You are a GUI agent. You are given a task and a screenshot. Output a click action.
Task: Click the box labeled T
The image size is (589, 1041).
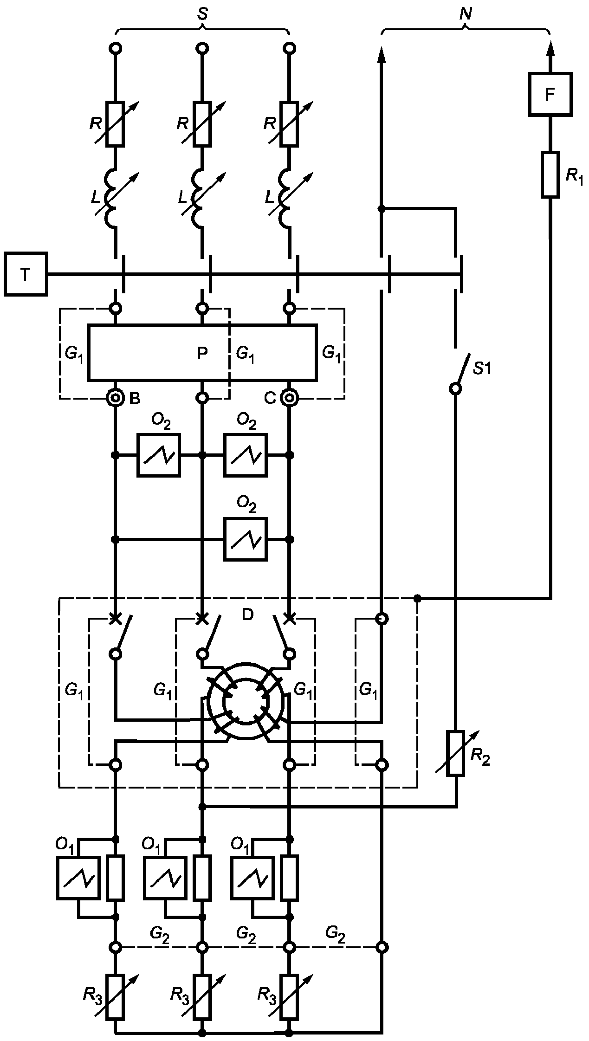click(x=26, y=274)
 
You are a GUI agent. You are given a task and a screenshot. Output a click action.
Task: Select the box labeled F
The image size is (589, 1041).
click(x=550, y=94)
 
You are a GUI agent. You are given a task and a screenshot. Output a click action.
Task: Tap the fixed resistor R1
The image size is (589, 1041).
click(x=550, y=175)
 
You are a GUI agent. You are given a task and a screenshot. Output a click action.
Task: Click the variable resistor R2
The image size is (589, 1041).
click(x=455, y=753)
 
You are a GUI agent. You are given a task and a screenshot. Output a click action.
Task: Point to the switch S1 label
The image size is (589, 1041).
click(x=482, y=369)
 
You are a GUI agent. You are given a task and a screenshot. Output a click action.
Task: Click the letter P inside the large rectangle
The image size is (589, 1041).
click(x=202, y=354)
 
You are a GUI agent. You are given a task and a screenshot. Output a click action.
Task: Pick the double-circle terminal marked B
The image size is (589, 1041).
click(x=115, y=398)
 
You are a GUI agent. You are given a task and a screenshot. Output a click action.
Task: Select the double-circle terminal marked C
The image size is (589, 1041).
click(x=289, y=398)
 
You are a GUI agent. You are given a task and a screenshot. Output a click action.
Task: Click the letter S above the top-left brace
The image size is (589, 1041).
click(x=202, y=14)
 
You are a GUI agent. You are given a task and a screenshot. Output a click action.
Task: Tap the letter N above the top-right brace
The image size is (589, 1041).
click(x=465, y=14)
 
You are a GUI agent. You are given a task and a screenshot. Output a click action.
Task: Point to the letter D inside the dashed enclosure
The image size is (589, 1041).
click(x=248, y=615)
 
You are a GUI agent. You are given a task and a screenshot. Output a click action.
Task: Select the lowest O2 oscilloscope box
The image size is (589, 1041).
click(x=246, y=539)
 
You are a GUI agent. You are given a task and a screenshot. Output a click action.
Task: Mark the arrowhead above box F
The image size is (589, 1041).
click(x=550, y=48)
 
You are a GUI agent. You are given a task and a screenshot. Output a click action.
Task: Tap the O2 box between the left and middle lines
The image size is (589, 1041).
click(x=159, y=455)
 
